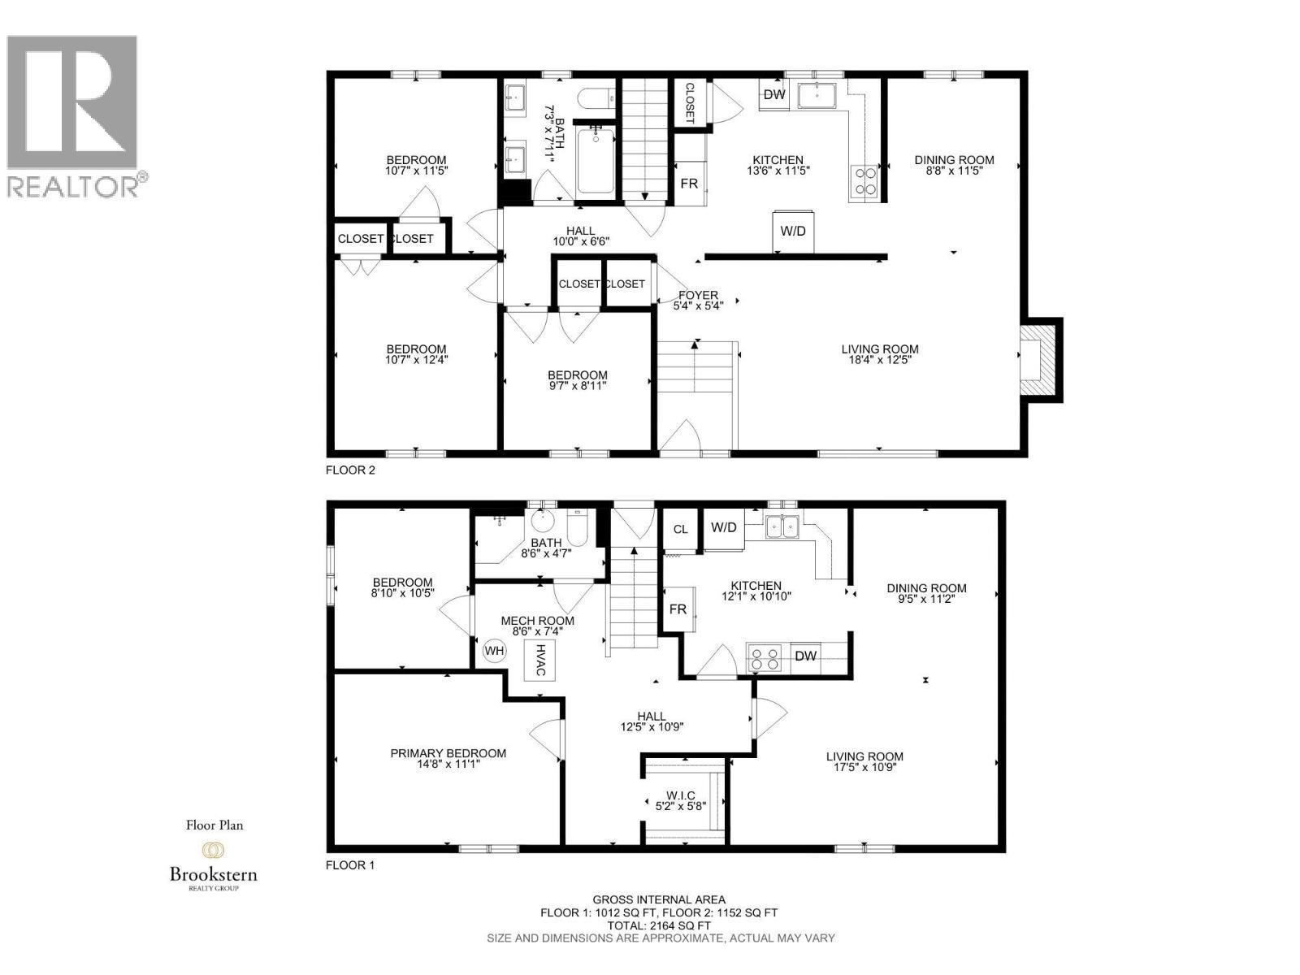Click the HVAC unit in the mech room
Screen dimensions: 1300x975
[x=539, y=660]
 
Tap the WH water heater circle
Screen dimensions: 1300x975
[x=494, y=651]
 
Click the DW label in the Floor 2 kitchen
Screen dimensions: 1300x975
[x=773, y=95]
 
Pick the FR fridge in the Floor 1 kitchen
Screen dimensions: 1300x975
[x=678, y=609]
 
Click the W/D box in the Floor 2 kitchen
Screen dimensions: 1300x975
[x=792, y=231]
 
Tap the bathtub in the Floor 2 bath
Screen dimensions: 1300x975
[x=596, y=160]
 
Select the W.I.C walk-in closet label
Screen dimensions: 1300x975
[x=680, y=795]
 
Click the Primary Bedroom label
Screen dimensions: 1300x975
[x=448, y=754]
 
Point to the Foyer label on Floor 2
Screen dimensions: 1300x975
[x=698, y=295]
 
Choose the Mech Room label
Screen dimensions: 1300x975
[x=537, y=621]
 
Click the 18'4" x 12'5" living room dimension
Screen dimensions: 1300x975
[x=879, y=359]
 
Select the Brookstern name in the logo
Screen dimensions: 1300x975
[x=213, y=874]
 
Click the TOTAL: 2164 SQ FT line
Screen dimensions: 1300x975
[x=659, y=926]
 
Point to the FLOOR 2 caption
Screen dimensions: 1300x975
[x=350, y=470]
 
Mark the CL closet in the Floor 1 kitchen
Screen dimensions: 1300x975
[x=681, y=530]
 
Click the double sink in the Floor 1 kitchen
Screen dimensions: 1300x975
[x=782, y=526]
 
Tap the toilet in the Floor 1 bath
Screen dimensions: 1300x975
[x=577, y=528]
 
